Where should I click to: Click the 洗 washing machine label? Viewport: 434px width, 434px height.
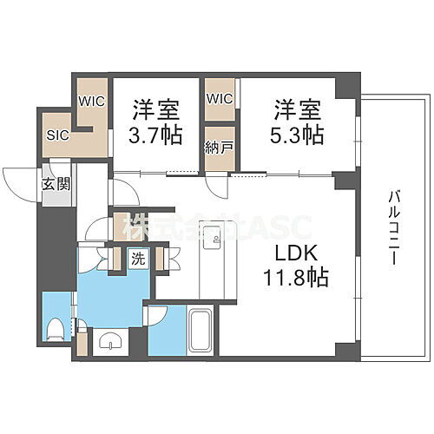click(x=138, y=258)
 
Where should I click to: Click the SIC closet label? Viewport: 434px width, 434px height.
click(x=57, y=135)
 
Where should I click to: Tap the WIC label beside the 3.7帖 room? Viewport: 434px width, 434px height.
click(x=91, y=100)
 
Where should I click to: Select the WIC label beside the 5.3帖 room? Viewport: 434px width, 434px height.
click(x=220, y=98)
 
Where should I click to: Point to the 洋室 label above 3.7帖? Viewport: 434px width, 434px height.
click(x=156, y=110)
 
